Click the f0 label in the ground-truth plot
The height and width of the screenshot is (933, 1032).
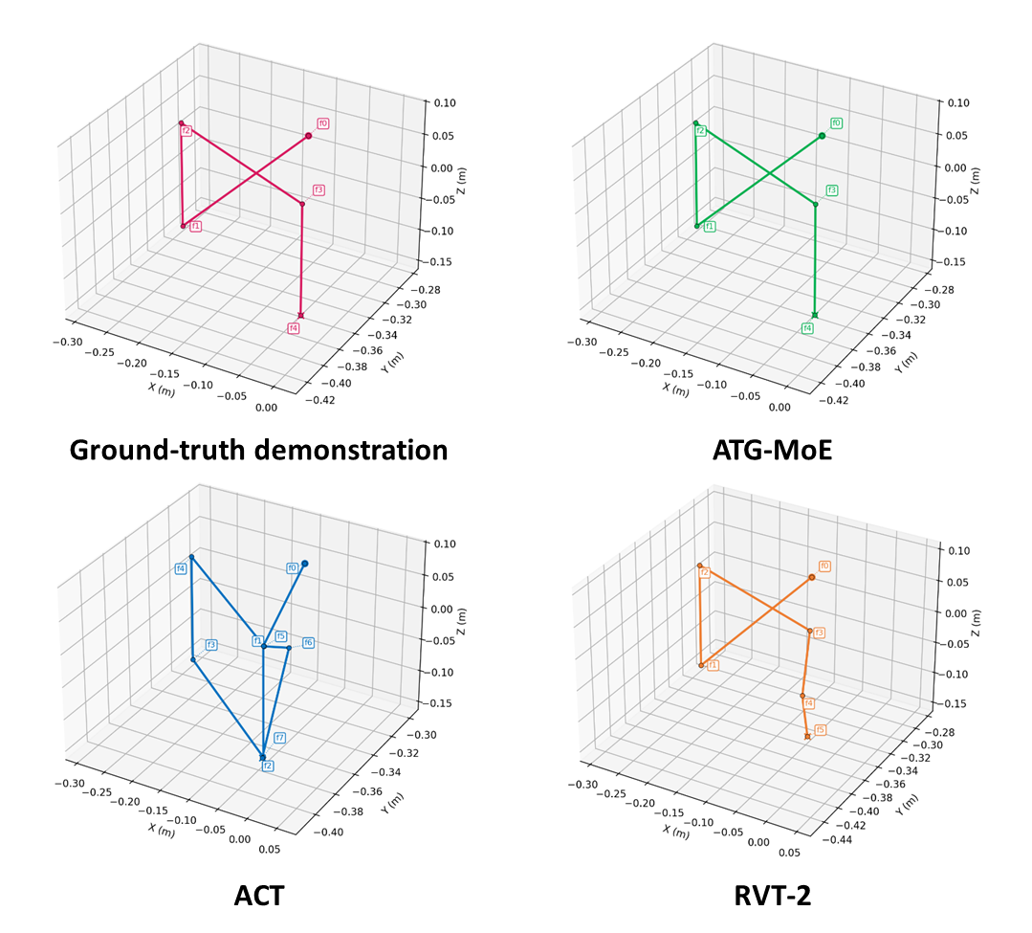[x=323, y=123]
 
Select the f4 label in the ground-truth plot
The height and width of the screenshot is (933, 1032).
[x=294, y=328]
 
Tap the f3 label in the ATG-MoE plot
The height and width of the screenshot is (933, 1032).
[x=832, y=190]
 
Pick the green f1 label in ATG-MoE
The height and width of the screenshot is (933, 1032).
[x=710, y=227]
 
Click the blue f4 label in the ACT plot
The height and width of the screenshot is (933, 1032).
[x=181, y=569]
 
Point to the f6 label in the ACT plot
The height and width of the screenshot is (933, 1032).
[x=309, y=642]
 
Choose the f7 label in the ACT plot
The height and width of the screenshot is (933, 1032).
[x=279, y=738]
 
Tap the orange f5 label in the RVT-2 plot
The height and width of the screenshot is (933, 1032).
[x=820, y=729]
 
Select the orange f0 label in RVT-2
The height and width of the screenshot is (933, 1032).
[x=824, y=566]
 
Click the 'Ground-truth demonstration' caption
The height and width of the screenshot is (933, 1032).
[x=259, y=449]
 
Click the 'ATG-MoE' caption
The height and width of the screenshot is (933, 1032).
[x=773, y=449]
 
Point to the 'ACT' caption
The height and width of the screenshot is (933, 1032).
[x=259, y=895]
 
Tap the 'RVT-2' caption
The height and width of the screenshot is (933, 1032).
[x=773, y=895]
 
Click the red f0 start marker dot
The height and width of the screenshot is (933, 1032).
[x=308, y=136]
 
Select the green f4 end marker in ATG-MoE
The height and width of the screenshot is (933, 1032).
[x=815, y=315]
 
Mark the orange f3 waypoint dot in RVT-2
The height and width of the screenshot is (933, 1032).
[x=809, y=631]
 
